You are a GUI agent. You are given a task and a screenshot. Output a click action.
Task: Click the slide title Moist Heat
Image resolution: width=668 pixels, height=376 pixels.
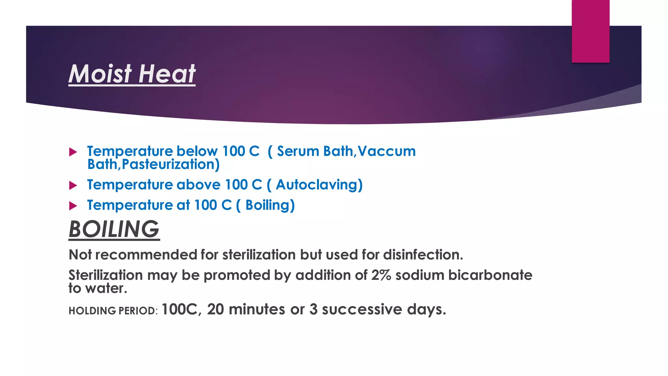coord(132,74)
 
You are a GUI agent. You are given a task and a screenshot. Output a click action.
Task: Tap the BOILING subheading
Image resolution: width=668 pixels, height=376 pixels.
coord(114,229)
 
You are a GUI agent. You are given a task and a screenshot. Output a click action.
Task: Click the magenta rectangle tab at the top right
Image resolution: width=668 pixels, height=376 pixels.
coord(590,31)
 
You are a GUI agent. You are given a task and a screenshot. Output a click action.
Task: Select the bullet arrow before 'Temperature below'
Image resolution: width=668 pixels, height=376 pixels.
coord(73,152)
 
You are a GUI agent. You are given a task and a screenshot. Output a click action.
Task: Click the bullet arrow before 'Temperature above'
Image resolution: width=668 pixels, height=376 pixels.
coord(73,186)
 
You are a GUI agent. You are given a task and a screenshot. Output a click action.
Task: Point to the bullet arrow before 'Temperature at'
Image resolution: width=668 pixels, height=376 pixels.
coord(73,206)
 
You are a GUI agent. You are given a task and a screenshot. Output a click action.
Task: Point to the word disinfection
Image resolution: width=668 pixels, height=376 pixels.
coord(423,255)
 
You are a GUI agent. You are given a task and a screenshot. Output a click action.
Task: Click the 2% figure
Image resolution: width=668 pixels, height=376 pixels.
coord(381,275)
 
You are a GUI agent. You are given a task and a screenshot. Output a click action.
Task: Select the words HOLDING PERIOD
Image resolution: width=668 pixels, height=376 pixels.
coord(113,311)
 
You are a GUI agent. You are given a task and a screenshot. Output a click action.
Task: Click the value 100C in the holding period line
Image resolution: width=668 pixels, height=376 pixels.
coord(179,309)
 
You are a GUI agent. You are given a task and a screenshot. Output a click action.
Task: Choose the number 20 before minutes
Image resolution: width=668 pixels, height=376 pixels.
coord(216,309)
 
